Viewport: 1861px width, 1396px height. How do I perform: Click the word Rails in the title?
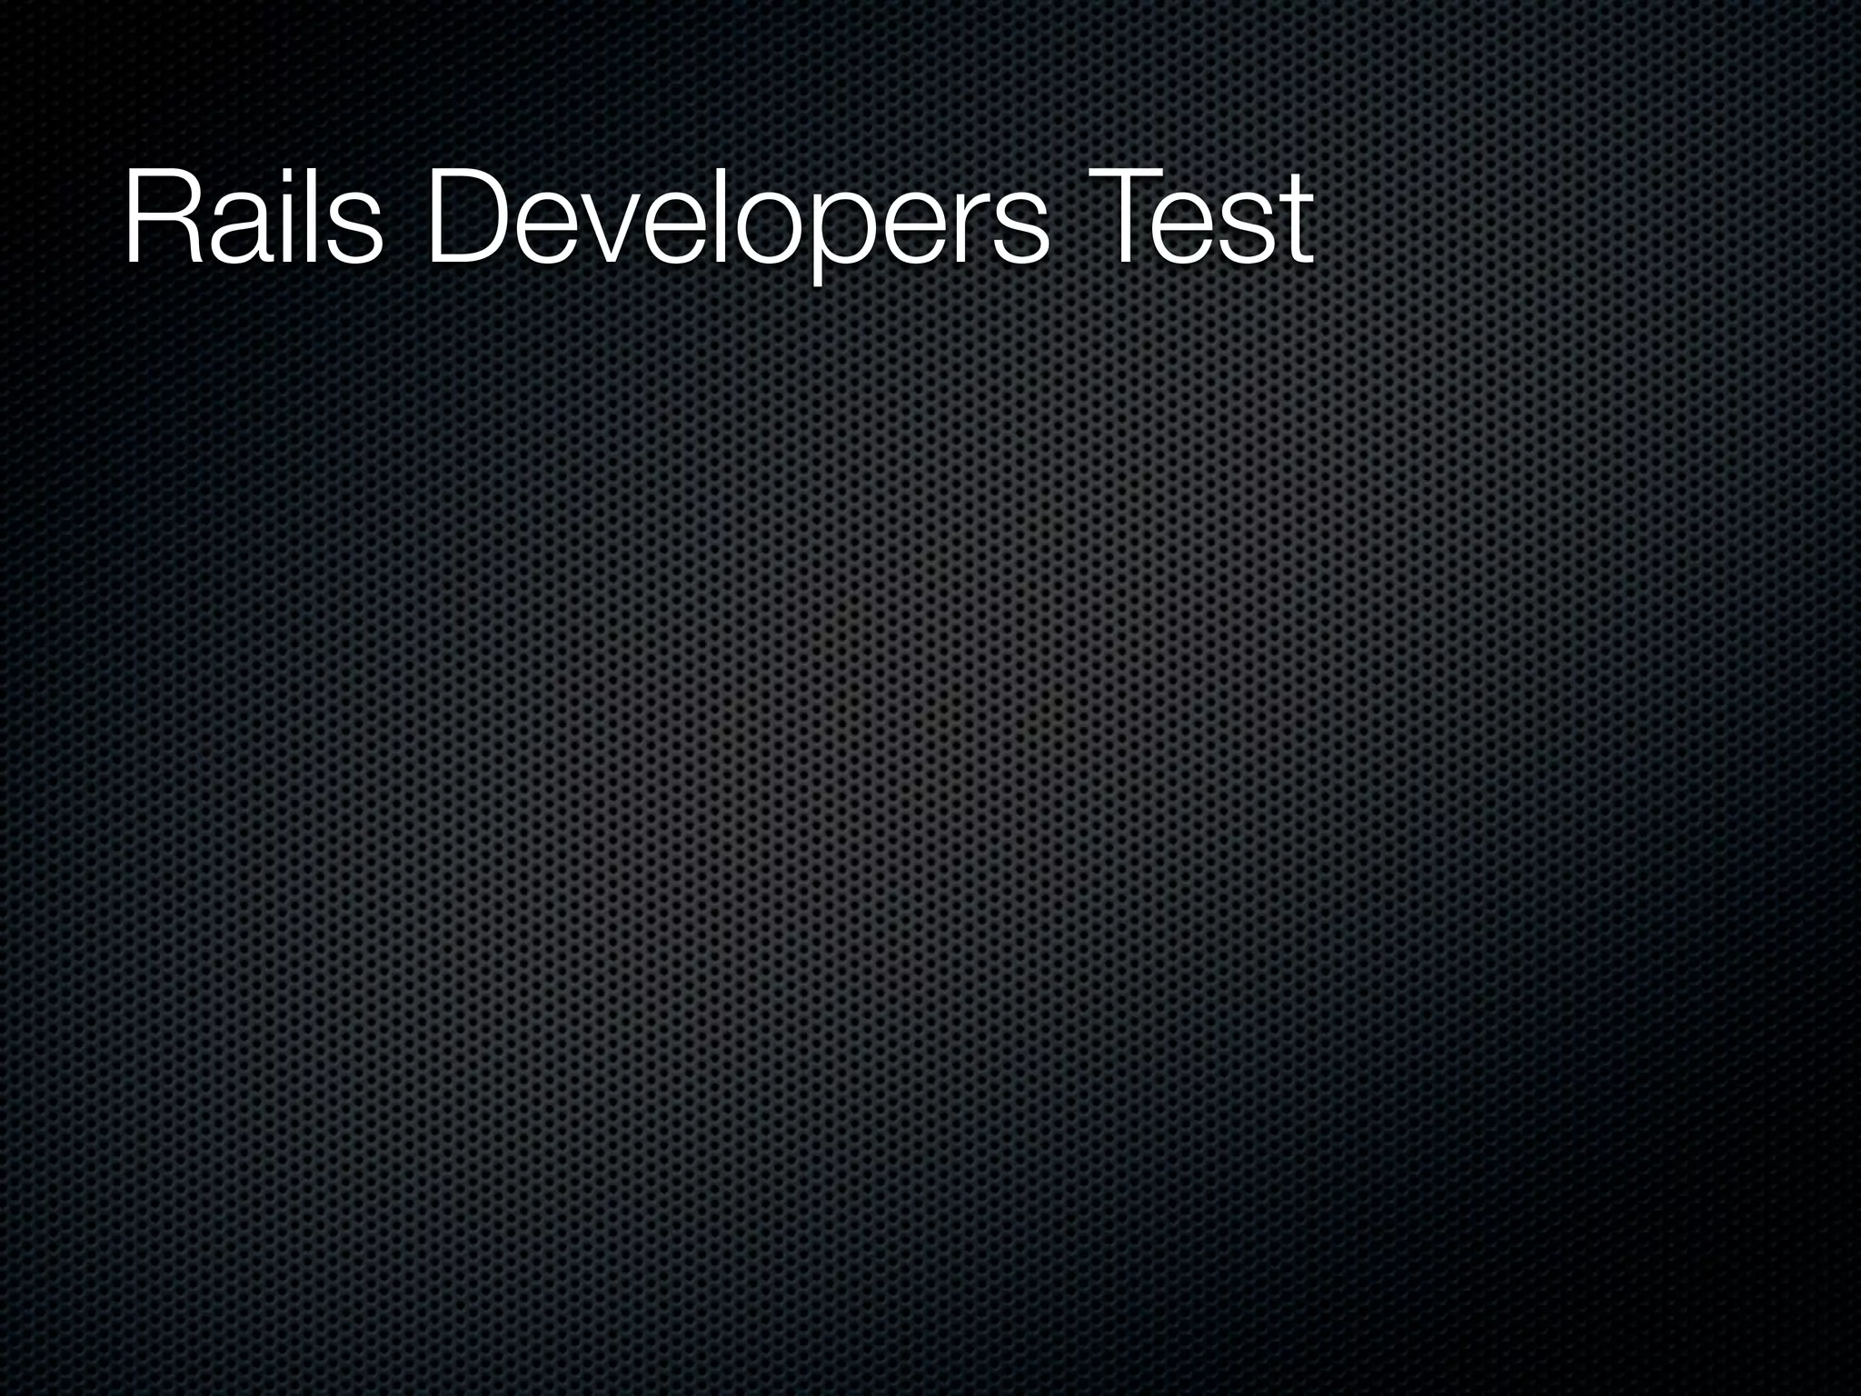pos(253,218)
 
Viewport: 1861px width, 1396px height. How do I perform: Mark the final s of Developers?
pos(1015,231)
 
